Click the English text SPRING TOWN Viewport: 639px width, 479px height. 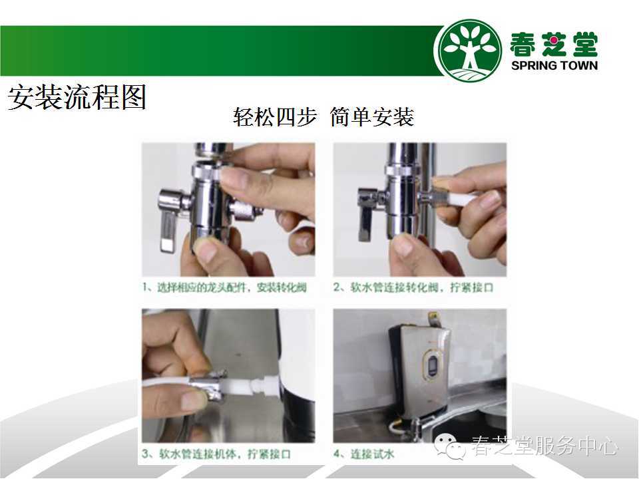[x=554, y=66]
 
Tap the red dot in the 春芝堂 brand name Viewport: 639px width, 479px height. [x=553, y=41]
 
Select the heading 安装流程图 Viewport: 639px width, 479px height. [x=77, y=97]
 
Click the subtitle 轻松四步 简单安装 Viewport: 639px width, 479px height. [x=323, y=117]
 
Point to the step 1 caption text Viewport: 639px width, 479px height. [x=224, y=287]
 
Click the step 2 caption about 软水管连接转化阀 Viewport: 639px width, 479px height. [x=413, y=287]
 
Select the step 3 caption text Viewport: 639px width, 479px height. [x=216, y=454]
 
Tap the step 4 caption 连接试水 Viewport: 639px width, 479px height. [x=363, y=454]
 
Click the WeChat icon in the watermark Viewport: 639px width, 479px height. [x=449, y=446]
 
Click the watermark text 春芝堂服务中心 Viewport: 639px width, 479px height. [x=544, y=446]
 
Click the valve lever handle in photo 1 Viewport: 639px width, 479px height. [x=168, y=230]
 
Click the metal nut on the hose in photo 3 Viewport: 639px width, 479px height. [x=208, y=386]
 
